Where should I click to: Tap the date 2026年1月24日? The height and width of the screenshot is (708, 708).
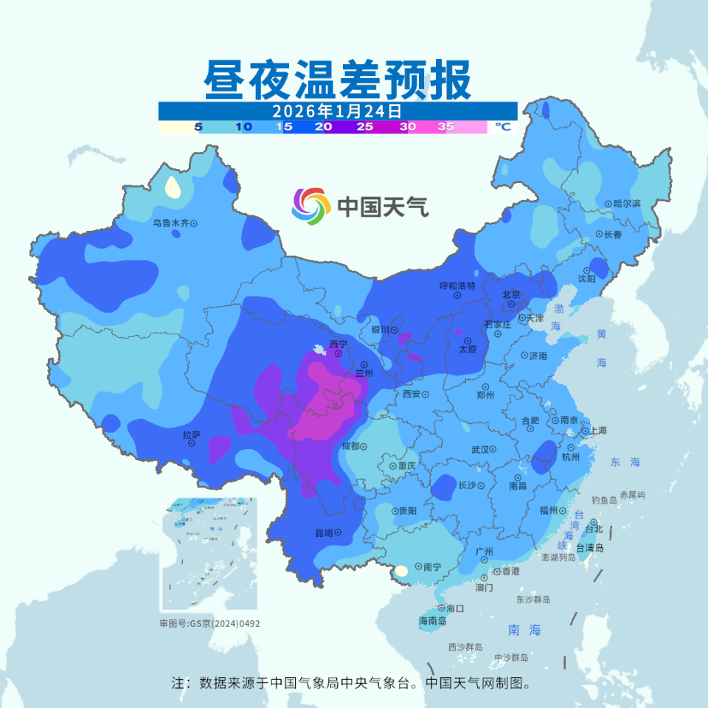click(337, 111)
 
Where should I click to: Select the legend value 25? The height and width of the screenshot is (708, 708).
click(364, 127)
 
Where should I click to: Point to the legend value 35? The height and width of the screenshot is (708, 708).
click(445, 127)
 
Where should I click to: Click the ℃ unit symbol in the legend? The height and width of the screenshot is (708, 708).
click(502, 127)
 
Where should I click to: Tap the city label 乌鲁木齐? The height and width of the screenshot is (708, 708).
click(171, 223)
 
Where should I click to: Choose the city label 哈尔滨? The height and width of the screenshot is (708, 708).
click(627, 204)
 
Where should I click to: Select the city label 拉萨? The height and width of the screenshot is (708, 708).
click(191, 435)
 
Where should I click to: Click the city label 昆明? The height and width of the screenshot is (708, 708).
click(324, 532)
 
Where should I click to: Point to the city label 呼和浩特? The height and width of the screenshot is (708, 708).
click(457, 285)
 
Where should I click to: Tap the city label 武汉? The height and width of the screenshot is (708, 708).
click(480, 449)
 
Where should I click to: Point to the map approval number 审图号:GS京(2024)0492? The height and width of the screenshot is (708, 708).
click(209, 623)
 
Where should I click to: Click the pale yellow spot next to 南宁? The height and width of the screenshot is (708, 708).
click(401, 570)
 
